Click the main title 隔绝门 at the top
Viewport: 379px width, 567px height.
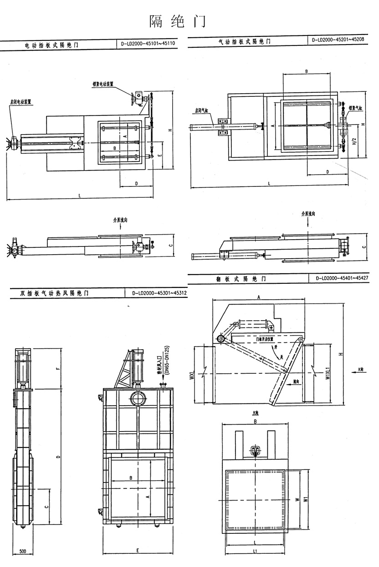coord(178,21)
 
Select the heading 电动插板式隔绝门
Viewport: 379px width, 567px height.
coord(51,45)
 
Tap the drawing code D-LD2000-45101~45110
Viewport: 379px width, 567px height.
coord(149,44)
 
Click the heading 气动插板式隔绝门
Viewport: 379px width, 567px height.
coord(245,42)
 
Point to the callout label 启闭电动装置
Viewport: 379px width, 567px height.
coord(20,102)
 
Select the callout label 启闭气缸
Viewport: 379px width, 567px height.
coord(200,110)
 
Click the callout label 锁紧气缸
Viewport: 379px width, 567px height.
coord(355,108)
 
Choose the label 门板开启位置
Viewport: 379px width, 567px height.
coord(265,339)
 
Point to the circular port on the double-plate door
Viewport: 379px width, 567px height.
coord(137,399)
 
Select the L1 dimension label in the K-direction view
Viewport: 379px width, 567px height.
coord(255,552)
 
